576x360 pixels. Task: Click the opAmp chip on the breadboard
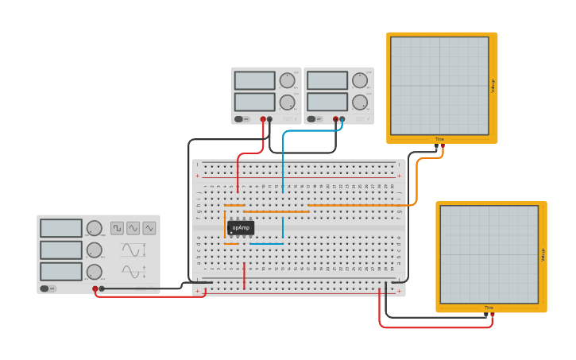pos(241,228)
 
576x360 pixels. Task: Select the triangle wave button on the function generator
pos(149,228)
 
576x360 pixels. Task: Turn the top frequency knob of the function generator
pos(95,229)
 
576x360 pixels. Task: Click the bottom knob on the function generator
pos(95,272)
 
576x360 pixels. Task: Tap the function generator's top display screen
pos(61,228)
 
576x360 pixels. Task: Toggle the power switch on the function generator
pos(47,288)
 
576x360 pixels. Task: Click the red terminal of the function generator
pos(95,289)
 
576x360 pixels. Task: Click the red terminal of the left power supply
pos(263,119)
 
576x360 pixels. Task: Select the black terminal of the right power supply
pos(342,119)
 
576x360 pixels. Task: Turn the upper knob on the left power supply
pos(287,80)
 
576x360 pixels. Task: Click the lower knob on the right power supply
pos(360,102)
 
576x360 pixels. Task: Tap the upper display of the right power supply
pos(327,80)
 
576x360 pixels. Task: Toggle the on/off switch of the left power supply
pos(240,119)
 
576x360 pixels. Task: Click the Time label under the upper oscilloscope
pos(439,139)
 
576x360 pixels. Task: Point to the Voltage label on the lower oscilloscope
pos(543,254)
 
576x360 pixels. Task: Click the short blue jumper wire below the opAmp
pos(266,243)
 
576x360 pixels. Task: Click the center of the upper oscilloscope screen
pos(439,86)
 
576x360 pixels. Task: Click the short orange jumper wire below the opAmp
pos(231,243)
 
